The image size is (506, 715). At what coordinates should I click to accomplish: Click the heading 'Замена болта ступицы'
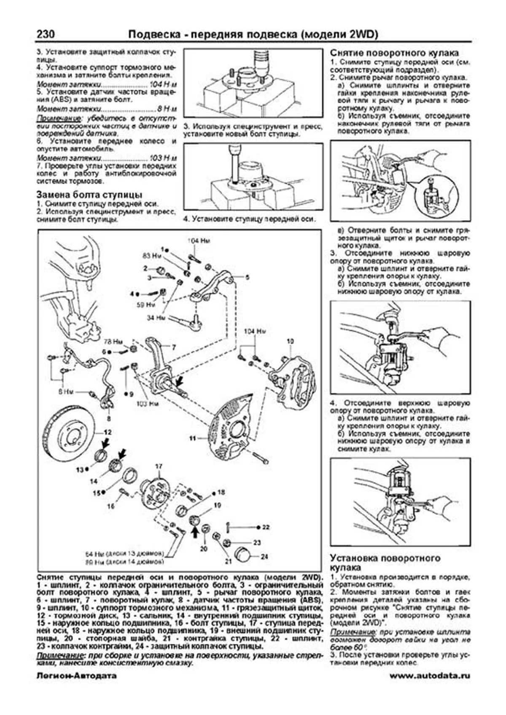tap(89, 195)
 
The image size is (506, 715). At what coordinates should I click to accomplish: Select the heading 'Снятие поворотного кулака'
tap(394, 53)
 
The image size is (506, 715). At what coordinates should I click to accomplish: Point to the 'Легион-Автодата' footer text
tap(76, 676)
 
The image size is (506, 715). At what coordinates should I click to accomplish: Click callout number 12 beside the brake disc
tap(108, 432)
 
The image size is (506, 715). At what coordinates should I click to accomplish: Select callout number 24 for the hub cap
tap(264, 557)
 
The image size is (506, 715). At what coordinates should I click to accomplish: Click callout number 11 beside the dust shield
tap(193, 439)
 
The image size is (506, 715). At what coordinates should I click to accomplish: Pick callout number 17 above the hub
tap(159, 466)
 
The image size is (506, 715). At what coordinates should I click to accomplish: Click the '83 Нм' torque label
tap(149, 255)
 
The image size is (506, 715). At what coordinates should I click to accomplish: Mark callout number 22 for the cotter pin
tap(266, 527)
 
